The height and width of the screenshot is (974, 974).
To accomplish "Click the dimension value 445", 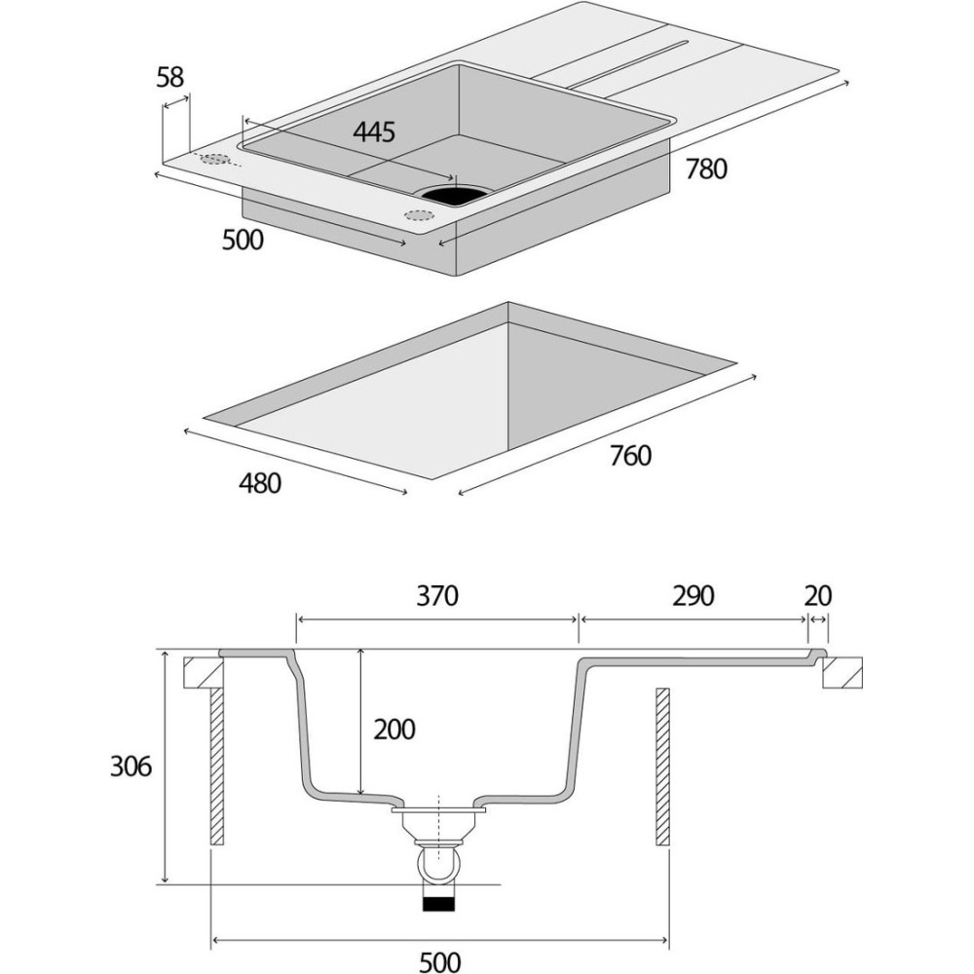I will (374, 132).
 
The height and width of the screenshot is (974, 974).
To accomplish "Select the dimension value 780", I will (706, 169).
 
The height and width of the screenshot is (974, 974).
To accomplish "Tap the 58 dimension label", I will (170, 78).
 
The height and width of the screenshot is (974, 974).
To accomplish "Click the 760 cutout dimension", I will (630, 455).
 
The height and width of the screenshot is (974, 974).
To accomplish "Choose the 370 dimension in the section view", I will (436, 596).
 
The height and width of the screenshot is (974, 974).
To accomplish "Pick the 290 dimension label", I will (693, 596).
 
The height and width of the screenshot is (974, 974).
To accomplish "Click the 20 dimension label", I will (818, 596).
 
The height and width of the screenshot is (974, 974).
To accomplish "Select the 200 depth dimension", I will (393, 729).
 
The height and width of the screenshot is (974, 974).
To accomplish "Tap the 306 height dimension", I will (131, 767).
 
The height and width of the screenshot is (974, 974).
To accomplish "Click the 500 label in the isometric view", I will (243, 239).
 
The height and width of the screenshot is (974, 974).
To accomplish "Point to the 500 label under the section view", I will (439, 961).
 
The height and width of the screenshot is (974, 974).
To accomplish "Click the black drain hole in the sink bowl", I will (451, 193).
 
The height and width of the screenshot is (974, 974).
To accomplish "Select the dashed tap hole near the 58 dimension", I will (215, 159).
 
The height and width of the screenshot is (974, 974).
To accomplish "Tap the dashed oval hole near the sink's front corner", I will (420, 215).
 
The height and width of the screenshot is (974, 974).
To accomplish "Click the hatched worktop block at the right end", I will (842, 673).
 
